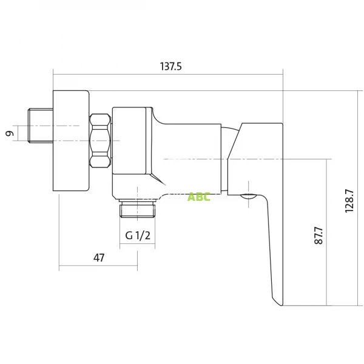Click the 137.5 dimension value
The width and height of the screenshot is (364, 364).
pos(170,66)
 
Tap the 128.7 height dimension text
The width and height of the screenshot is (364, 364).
pos(349,201)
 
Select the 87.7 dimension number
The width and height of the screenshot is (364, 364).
pos(318,235)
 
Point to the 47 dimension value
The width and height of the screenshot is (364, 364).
pos(99,258)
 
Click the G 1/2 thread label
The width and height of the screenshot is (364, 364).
pos(138,235)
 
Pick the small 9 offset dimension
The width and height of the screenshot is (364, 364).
pos(10,133)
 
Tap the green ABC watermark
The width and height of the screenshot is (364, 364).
pos(199,197)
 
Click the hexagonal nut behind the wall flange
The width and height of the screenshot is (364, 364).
pos(100,141)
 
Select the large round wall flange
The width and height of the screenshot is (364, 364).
pos(71,141)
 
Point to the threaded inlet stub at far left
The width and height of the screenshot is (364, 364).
pos(41,126)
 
